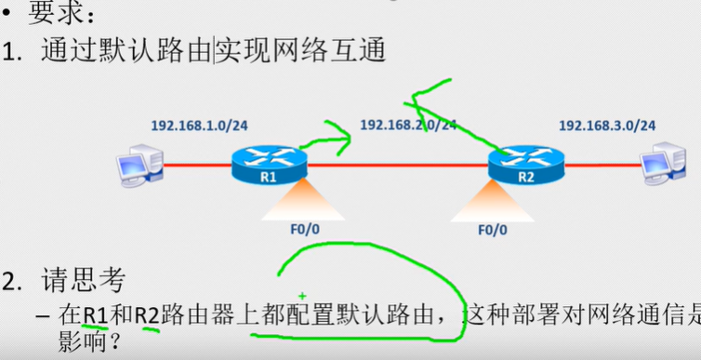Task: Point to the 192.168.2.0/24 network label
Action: click(x=408, y=124)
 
